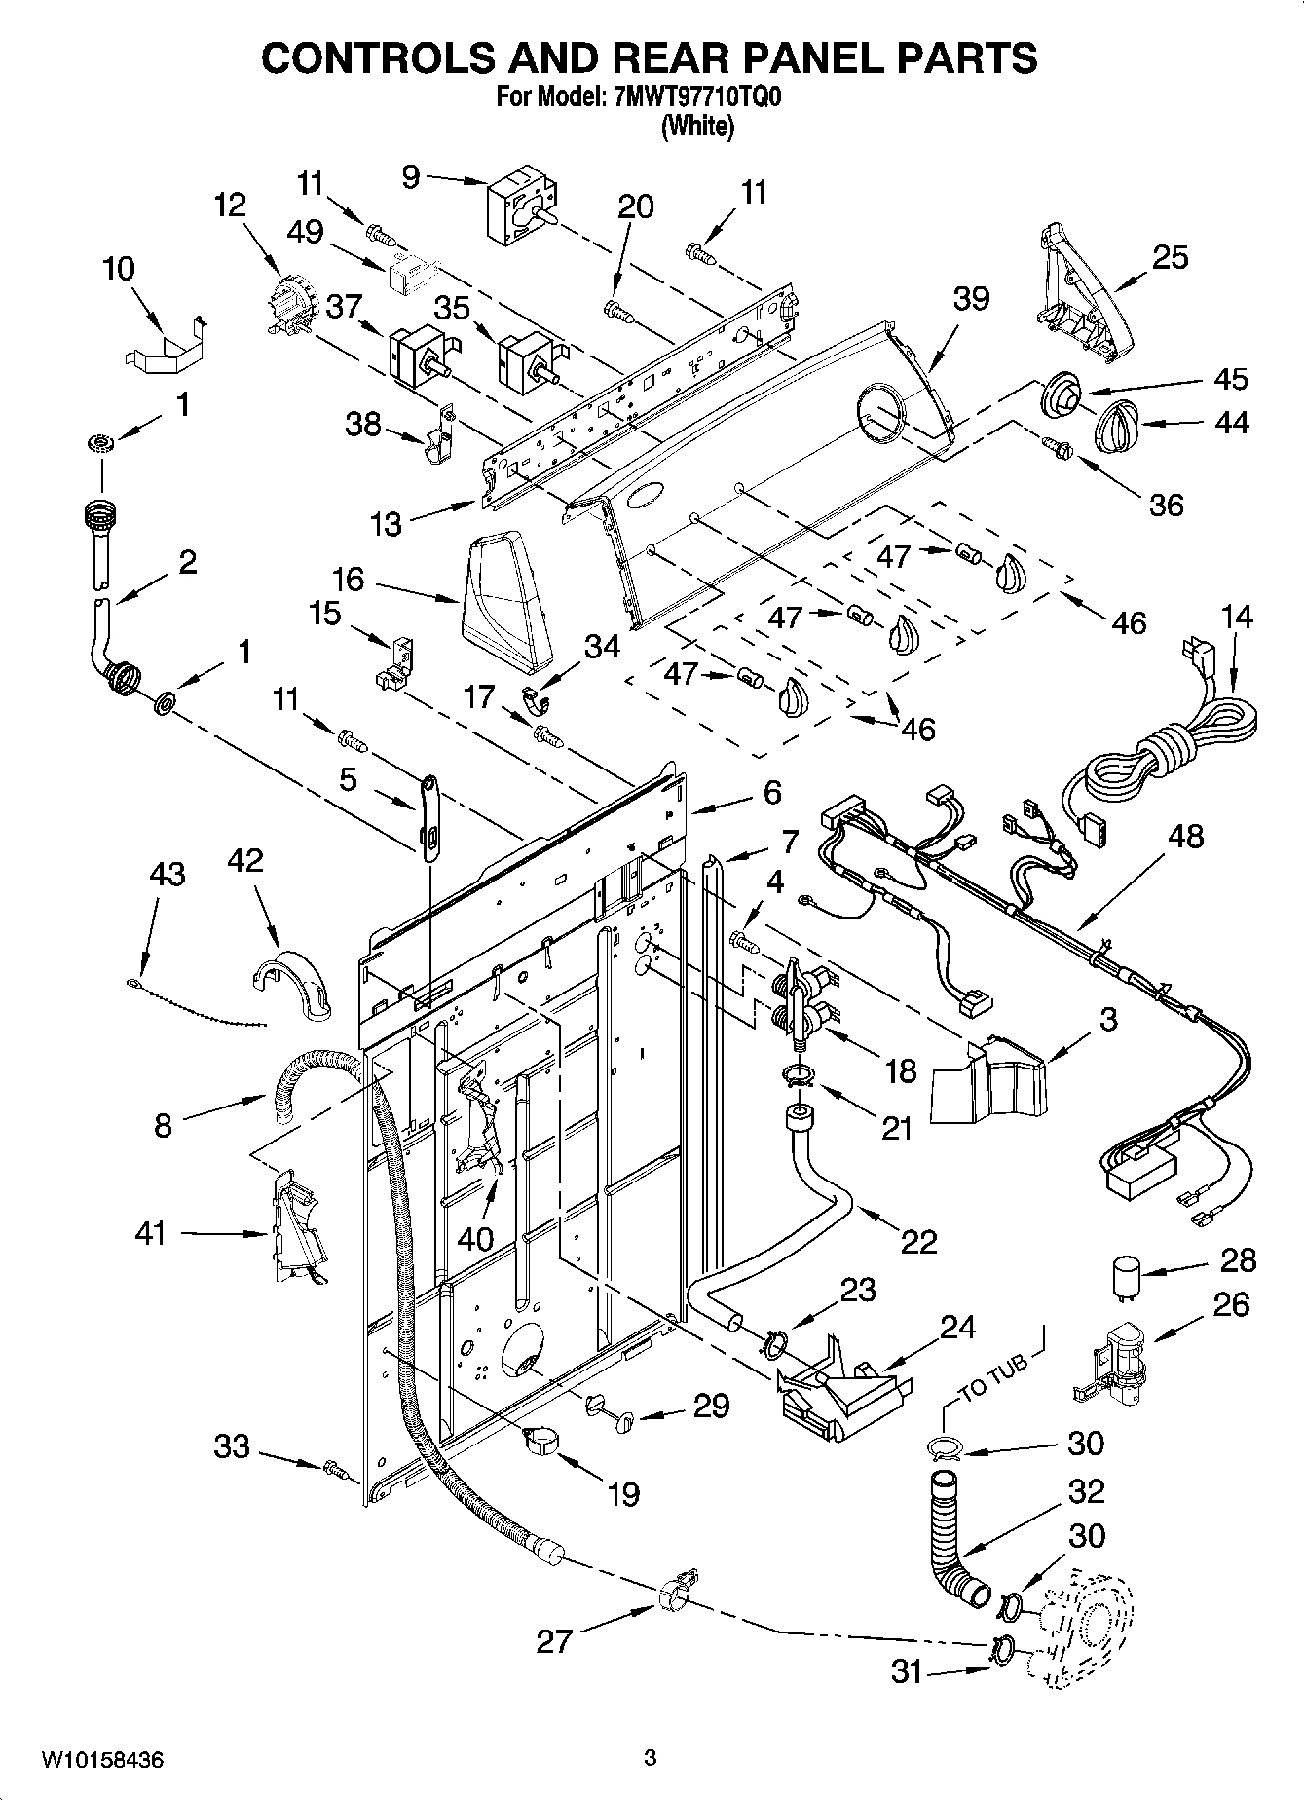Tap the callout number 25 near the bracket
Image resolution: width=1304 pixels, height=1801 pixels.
click(x=1170, y=257)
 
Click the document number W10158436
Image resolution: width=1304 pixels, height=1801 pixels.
click(x=102, y=1760)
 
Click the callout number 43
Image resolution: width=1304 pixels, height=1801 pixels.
click(x=167, y=874)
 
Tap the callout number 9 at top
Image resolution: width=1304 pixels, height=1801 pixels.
click(x=410, y=176)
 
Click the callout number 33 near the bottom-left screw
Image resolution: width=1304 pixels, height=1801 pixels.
click(x=232, y=1446)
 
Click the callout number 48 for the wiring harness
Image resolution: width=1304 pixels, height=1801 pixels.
click(x=1185, y=837)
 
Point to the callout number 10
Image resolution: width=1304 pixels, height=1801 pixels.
click(x=119, y=268)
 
